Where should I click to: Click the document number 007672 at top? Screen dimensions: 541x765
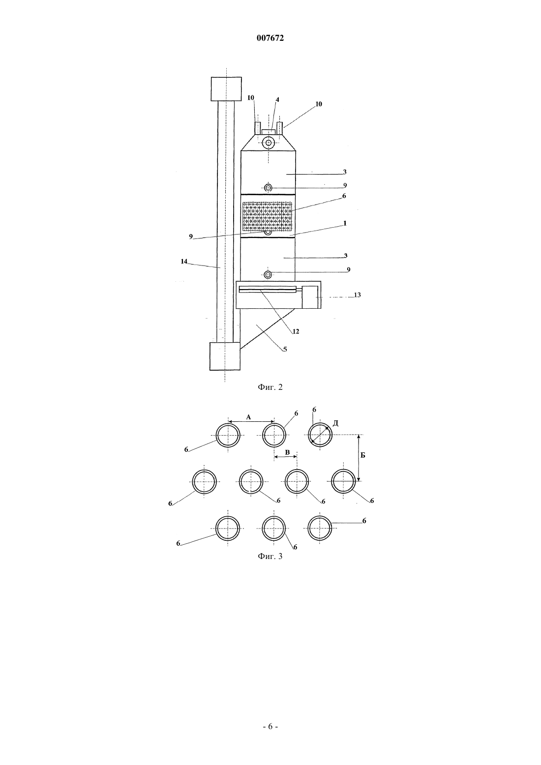click(270, 38)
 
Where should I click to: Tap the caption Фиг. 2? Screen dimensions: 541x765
click(270, 387)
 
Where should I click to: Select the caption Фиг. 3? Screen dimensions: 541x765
click(270, 556)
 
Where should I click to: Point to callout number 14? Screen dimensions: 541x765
click(184, 261)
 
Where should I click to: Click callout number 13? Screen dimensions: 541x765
click(357, 294)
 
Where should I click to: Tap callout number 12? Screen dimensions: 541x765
click(296, 331)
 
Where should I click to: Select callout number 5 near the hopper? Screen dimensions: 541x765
click(285, 349)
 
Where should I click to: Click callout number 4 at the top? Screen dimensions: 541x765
click(277, 100)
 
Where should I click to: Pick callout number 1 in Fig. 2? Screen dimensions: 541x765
click(345, 223)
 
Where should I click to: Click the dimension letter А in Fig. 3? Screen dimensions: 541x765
click(248, 416)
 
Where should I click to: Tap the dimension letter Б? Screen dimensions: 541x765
click(363, 455)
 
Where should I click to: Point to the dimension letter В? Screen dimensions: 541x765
click(287, 452)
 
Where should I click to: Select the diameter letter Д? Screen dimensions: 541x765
click(335, 423)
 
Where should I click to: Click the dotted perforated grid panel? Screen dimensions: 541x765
click(268, 216)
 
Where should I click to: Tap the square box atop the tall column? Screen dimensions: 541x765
click(226, 89)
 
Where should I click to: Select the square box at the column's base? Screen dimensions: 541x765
click(225, 356)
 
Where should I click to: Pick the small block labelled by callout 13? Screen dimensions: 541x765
click(310, 297)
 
